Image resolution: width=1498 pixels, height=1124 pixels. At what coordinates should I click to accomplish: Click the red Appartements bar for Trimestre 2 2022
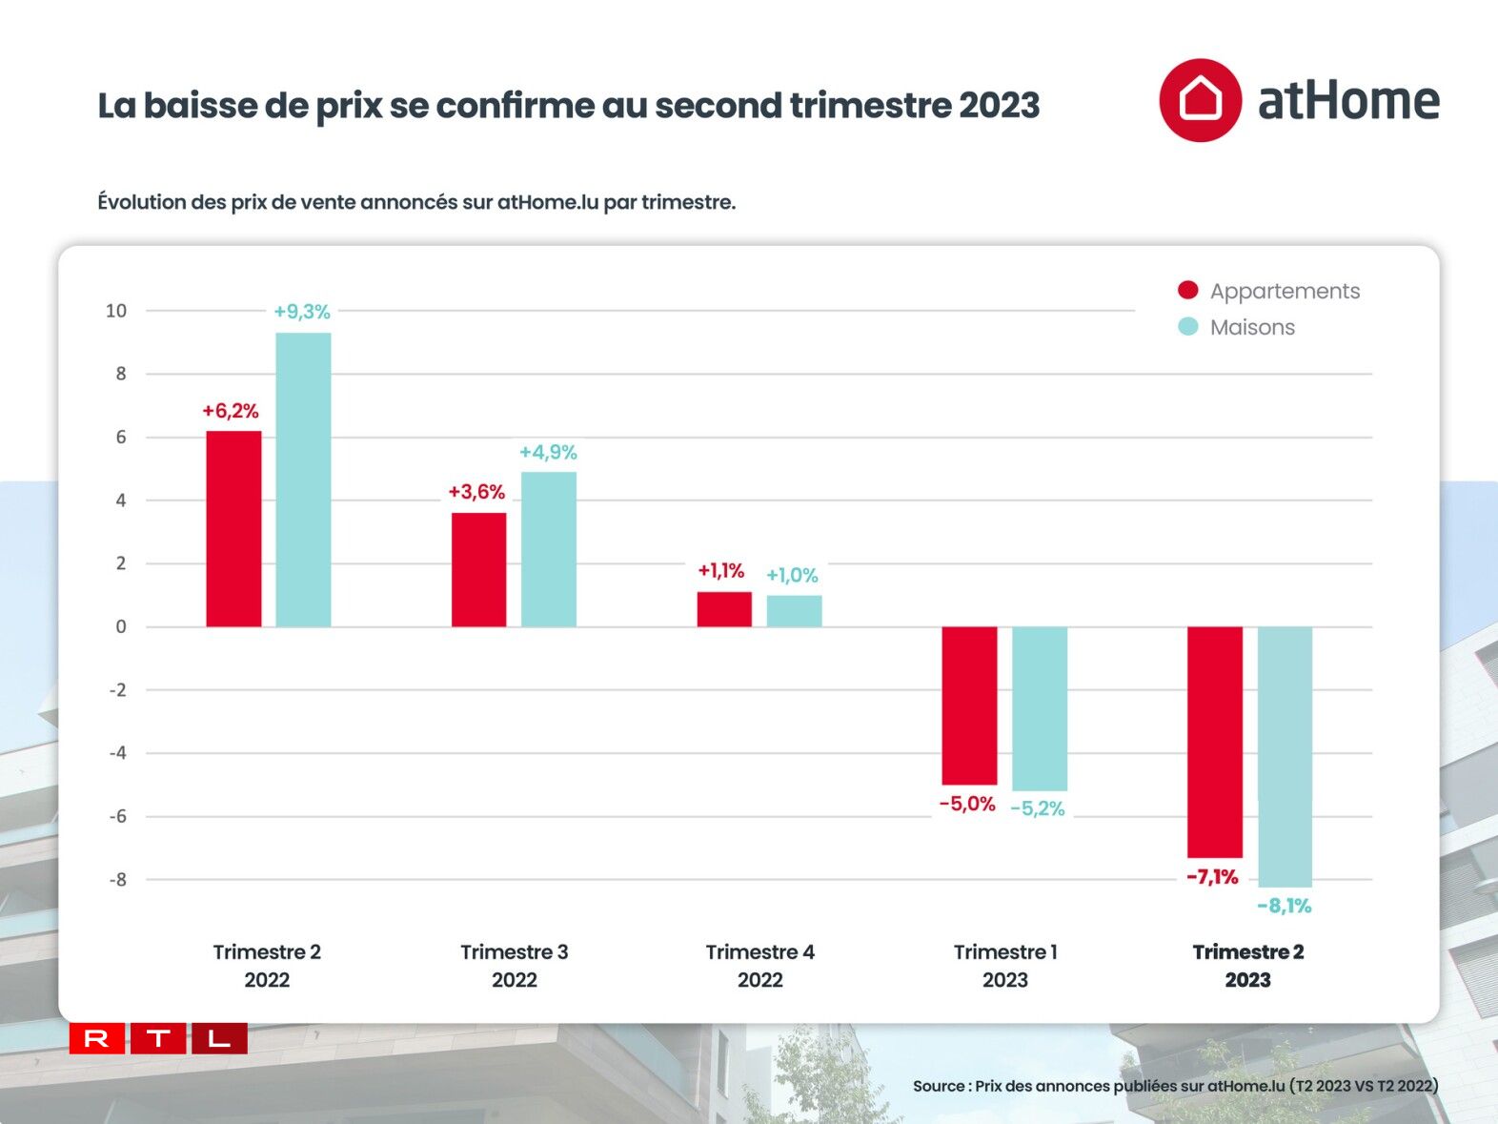pyautogui.click(x=233, y=529)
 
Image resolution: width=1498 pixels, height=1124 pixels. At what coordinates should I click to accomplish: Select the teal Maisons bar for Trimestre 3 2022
pyautogui.click(x=548, y=549)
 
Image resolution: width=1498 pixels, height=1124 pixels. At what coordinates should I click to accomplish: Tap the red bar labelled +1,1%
pyautogui.click(x=724, y=609)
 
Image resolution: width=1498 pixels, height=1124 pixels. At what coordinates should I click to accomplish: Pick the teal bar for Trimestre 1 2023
pyautogui.click(x=1039, y=708)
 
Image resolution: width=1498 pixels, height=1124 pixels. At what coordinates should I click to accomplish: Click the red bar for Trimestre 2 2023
pyautogui.click(x=1214, y=742)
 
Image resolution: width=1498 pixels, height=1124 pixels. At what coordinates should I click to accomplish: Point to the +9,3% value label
pyautogui.click(x=302, y=312)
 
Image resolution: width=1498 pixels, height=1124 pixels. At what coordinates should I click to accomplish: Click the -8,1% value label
pyautogui.click(x=1284, y=906)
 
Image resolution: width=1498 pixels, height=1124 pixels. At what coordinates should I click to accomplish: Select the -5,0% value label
pyautogui.click(x=967, y=805)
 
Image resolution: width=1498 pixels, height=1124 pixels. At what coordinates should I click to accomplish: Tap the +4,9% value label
pyautogui.click(x=548, y=452)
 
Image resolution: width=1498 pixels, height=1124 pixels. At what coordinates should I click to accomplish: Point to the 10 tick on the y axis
pyautogui.click(x=116, y=311)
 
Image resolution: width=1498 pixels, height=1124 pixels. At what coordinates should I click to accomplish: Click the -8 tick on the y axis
pyautogui.click(x=117, y=880)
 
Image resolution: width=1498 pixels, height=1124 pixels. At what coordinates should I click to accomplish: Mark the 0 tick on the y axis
pyautogui.click(x=121, y=627)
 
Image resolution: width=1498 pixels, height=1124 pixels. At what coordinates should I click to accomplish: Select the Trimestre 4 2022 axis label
pyautogui.click(x=759, y=966)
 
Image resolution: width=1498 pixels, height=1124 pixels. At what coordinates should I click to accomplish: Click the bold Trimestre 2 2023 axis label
pyautogui.click(x=1247, y=966)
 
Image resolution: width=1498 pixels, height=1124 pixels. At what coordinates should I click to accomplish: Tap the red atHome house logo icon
pyautogui.click(x=1200, y=100)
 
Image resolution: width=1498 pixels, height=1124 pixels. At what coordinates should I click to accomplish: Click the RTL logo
pyautogui.click(x=158, y=1038)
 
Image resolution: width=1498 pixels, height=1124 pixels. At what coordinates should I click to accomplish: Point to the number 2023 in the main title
pyautogui.click(x=999, y=106)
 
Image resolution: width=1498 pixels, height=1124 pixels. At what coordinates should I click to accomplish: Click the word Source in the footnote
pyautogui.click(x=939, y=1086)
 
